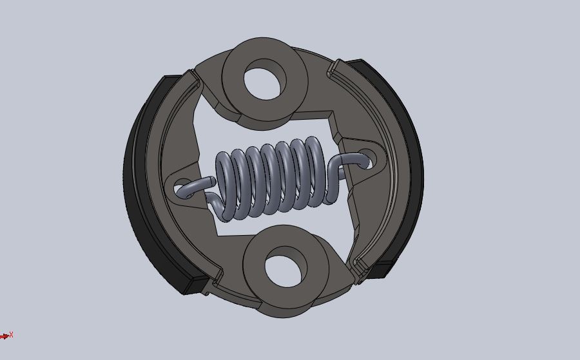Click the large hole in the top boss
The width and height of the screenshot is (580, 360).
(264, 79)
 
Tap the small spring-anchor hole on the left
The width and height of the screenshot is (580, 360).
(182, 188)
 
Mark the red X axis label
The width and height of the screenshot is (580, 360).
(11, 335)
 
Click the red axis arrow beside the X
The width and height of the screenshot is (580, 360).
(5, 336)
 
